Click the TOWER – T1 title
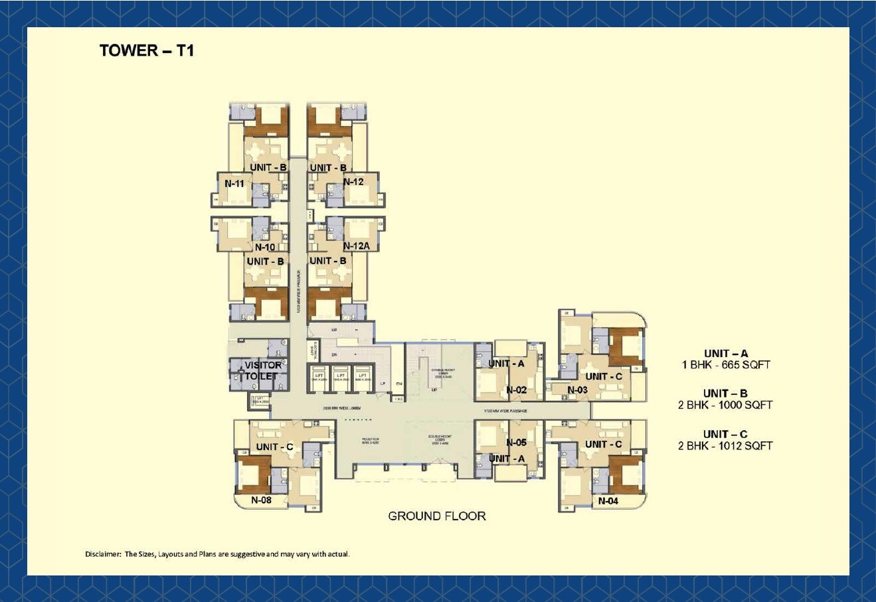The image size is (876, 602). click(x=147, y=51)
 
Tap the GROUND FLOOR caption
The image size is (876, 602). click(x=436, y=516)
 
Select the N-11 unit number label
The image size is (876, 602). click(x=234, y=183)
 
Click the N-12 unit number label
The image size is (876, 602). click(x=353, y=182)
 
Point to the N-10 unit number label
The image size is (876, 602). click(x=265, y=247)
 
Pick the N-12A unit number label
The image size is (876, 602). click(x=356, y=246)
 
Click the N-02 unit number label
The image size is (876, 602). click(x=516, y=390)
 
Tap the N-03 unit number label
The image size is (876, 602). click(x=577, y=390)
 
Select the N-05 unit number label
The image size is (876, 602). click(x=516, y=443)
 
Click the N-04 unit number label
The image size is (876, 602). click(x=608, y=501)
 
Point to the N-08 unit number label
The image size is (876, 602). click(x=261, y=500)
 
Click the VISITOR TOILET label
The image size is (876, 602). click(x=262, y=370)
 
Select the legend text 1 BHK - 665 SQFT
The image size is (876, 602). click(x=725, y=365)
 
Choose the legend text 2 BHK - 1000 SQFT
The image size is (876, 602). click(x=725, y=405)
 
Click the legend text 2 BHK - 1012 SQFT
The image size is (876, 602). click(x=725, y=446)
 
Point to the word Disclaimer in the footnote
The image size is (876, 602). click(x=103, y=554)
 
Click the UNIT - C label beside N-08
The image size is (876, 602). click(x=274, y=447)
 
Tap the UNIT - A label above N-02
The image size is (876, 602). click(x=506, y=364)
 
